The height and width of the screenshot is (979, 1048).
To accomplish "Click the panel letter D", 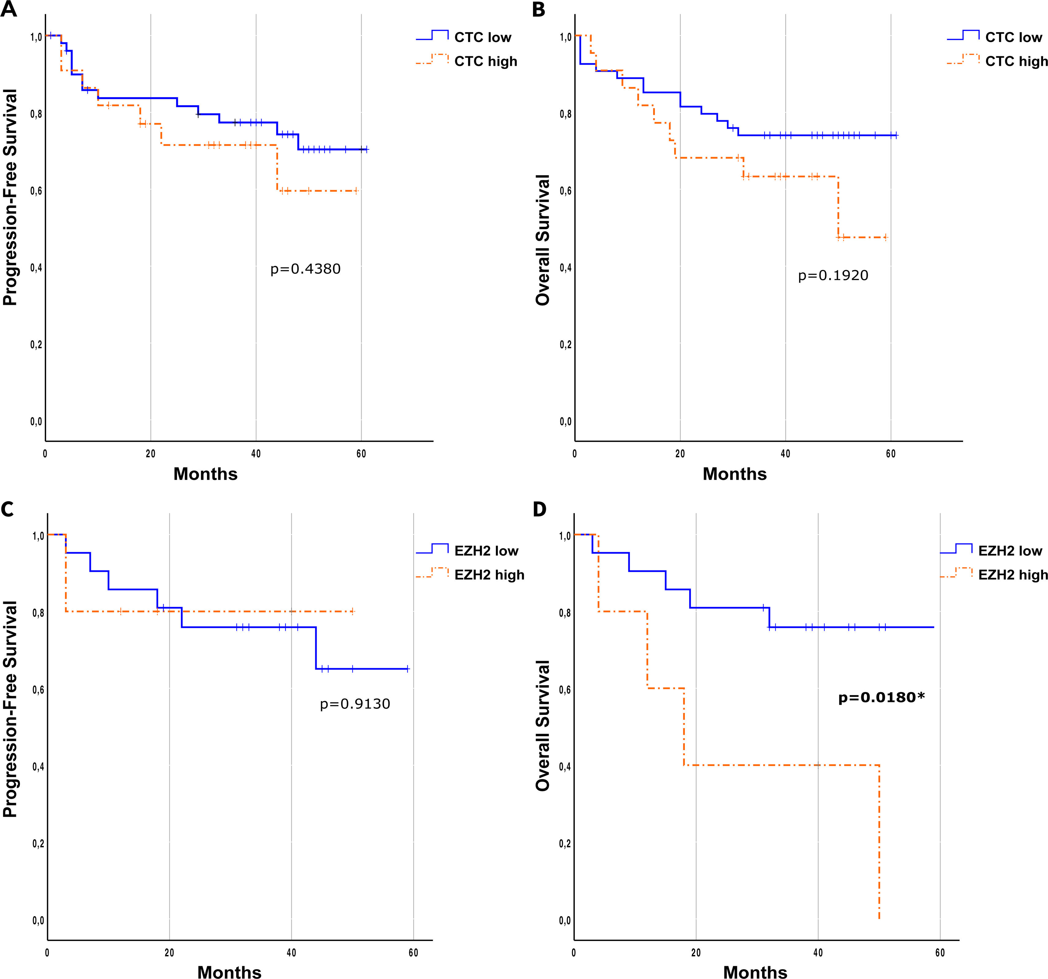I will [x=539, y=509].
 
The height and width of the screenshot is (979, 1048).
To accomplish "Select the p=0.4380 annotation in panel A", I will [x=305, y=269].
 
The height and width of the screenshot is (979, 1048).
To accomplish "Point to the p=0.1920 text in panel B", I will [x=833, y=276].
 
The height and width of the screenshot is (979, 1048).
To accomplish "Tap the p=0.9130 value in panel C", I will [x=355, y=704].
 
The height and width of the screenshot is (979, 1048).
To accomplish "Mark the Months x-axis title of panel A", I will [x=205, y=474].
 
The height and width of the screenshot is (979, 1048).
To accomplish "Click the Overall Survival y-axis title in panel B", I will [x=543, y=240].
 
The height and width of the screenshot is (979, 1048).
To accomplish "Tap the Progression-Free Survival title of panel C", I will [x=10, y=709].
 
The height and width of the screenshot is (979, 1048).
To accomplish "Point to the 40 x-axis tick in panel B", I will [x=785, y=454].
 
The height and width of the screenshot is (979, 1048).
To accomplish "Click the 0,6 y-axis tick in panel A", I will [x=36, y=191].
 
